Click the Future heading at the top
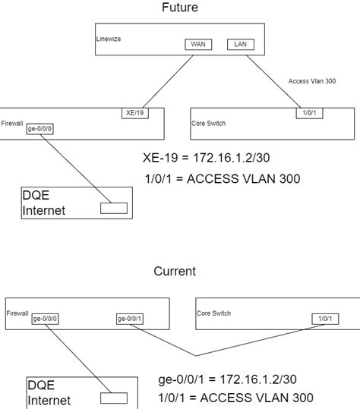click(179, 8)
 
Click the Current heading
click(175, 271)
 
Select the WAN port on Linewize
click(198, 45)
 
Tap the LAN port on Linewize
click(241, 45)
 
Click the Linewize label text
click(110, 38)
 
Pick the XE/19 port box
click(134, 113)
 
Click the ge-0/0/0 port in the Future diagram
click(39, 129)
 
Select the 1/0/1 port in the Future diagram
click(309, 113)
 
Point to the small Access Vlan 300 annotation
click(312, 80)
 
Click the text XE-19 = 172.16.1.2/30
click(205, 159)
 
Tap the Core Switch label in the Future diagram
click(208, 122)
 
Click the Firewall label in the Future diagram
click(12, 122)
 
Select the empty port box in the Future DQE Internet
click(114, 208)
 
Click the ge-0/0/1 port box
click(130, 319)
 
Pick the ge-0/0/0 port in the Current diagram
click(45, 319)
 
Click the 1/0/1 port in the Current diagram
click(325, 319)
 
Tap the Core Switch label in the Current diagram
click(213, 313)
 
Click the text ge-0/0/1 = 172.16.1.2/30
click(227, 379)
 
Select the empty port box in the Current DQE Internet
click(114, 398)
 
